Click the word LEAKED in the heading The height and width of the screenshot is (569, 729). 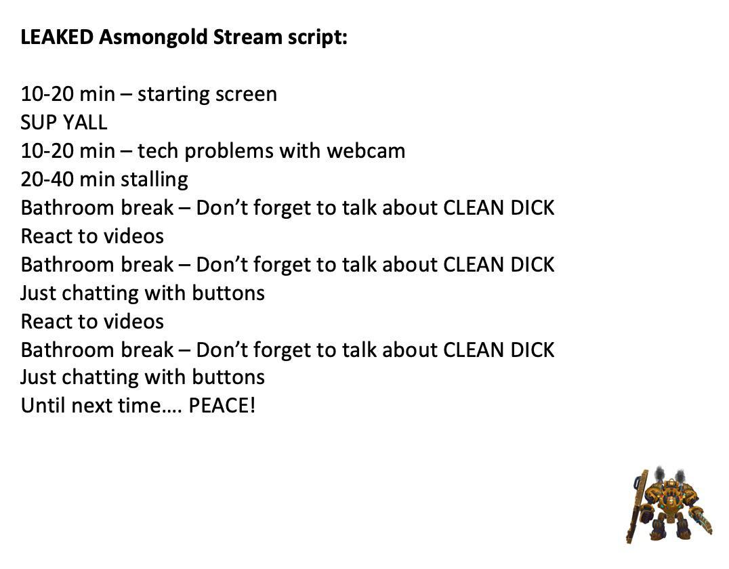(x=57, y=37)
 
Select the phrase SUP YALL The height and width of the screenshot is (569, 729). (x=64, y=123)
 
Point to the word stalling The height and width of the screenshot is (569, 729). (x=154, y=180)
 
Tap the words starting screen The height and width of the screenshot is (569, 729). (x=207, y=94)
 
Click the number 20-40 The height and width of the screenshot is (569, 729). (x=47, y=180)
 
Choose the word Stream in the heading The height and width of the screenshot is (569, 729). (x=247, y=37)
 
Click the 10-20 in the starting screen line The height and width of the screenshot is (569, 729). (x=47, y=94)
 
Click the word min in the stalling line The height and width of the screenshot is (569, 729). (x=98, y=180)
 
